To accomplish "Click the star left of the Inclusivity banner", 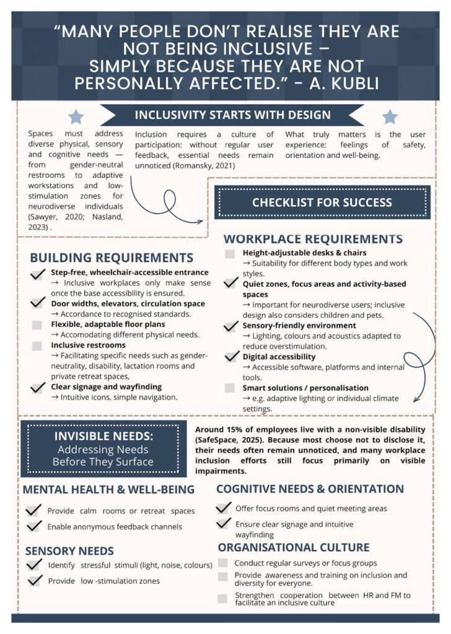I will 76,116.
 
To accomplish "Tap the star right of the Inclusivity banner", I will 389,116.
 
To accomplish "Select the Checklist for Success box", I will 322,202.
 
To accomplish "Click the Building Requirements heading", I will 112,258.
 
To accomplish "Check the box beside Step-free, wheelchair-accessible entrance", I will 38,273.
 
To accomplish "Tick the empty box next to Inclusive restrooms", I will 37,345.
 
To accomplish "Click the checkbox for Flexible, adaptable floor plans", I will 37,324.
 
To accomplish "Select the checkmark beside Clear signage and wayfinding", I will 38,388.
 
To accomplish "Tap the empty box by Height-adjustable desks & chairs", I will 230,253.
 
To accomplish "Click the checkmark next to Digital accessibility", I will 232,357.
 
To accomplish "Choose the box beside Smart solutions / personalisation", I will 230,388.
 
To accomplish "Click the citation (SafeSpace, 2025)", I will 234,440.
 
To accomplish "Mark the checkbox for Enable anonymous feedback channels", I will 34,526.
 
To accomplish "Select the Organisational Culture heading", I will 293,547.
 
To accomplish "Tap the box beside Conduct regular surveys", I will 222,563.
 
